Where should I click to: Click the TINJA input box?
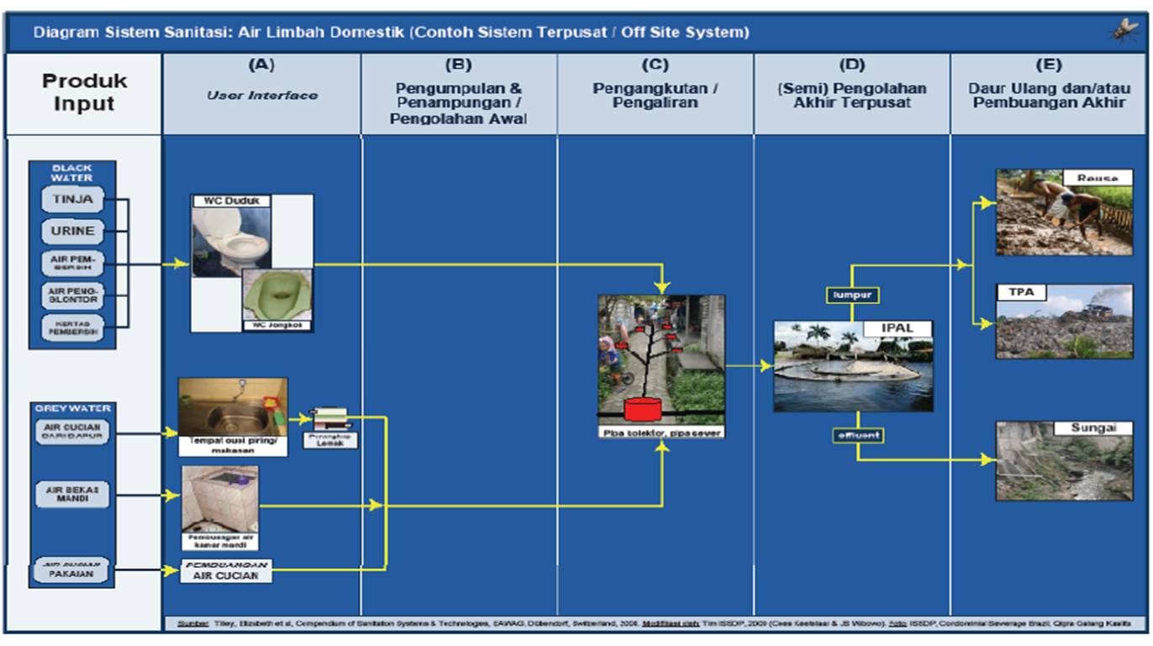72,200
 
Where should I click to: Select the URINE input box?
72,231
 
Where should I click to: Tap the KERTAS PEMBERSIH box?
72,327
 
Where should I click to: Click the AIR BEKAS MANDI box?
72,495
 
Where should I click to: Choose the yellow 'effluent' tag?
857,435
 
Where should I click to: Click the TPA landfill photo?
1064,323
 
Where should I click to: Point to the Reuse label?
1098,178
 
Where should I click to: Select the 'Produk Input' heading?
84,92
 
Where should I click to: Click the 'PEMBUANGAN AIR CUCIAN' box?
227,570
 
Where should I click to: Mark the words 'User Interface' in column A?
262,96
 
